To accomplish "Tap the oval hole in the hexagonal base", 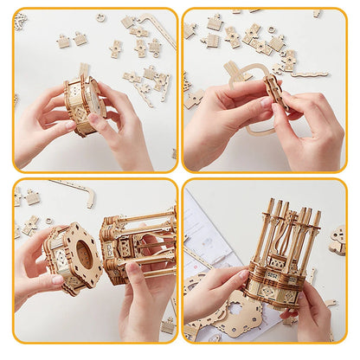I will [x=83, y=257].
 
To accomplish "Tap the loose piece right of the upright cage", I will [x=337, y=240].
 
